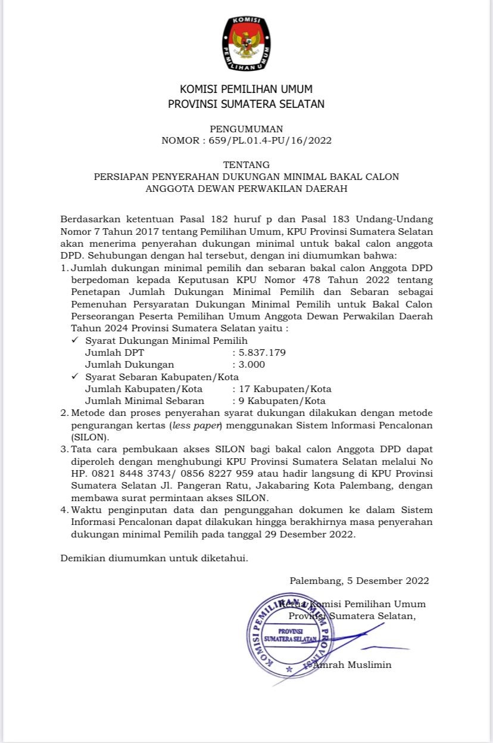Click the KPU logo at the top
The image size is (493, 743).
point(246,44)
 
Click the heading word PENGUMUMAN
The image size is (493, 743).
point(246,129)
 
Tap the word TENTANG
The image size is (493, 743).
point(246,164)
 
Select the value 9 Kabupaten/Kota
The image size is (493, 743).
point(282,400)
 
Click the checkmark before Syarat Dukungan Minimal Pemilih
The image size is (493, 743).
point(74,340)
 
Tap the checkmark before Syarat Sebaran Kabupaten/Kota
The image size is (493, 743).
point(74,377)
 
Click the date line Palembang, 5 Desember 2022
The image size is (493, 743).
point(359,580)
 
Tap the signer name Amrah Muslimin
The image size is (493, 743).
point(352,664)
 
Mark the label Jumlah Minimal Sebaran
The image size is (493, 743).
point(145,400)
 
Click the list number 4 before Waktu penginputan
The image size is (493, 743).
point(64,510)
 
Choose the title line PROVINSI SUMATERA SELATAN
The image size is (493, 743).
point(246,104)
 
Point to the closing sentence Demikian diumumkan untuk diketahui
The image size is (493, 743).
point(154,558)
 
